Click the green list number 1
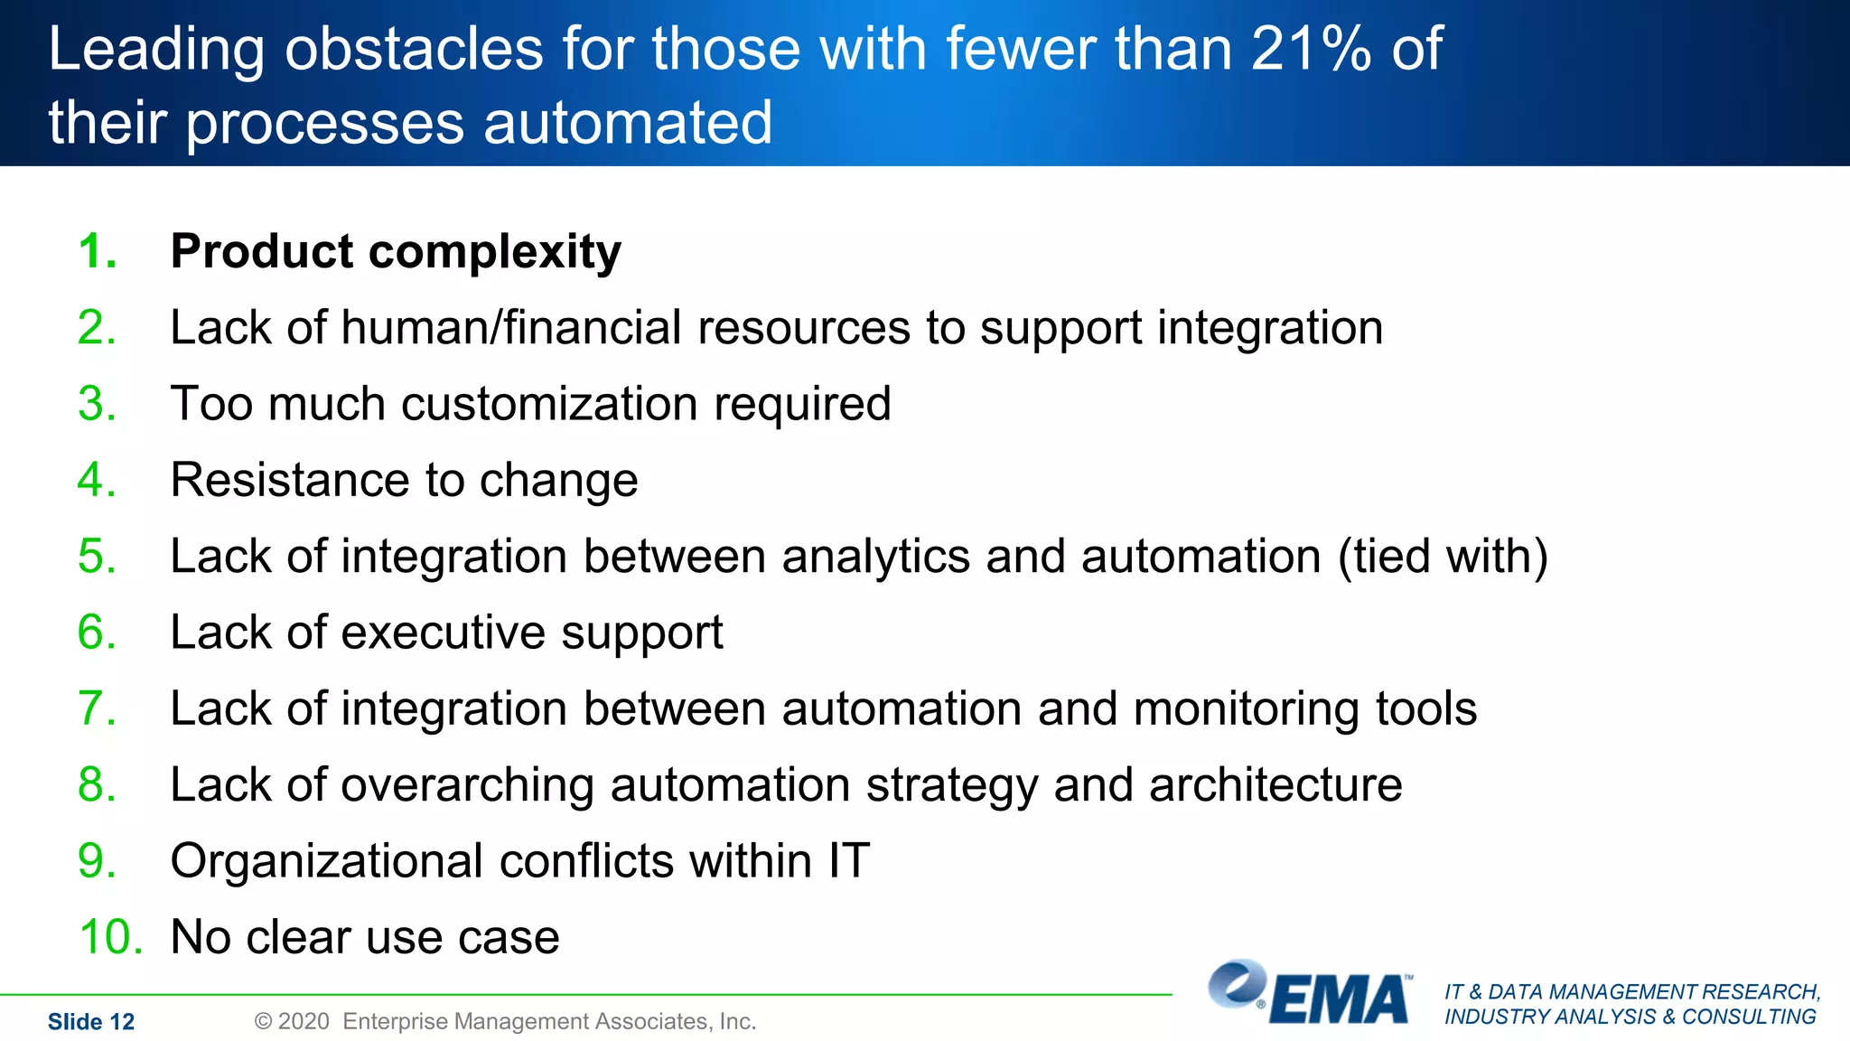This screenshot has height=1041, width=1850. [x=97, y=251]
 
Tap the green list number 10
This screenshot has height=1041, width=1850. [x=110, y=937]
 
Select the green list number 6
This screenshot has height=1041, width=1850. [x=97, y=633]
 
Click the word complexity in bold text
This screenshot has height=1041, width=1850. [x=495, y=253]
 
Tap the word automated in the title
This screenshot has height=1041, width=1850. [x=628, y=123]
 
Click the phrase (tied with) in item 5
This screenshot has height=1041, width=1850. [x=1443, y=557]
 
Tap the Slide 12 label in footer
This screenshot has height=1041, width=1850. [x=90, y=1022]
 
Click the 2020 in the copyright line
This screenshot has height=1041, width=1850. [x=304, y=1022]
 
